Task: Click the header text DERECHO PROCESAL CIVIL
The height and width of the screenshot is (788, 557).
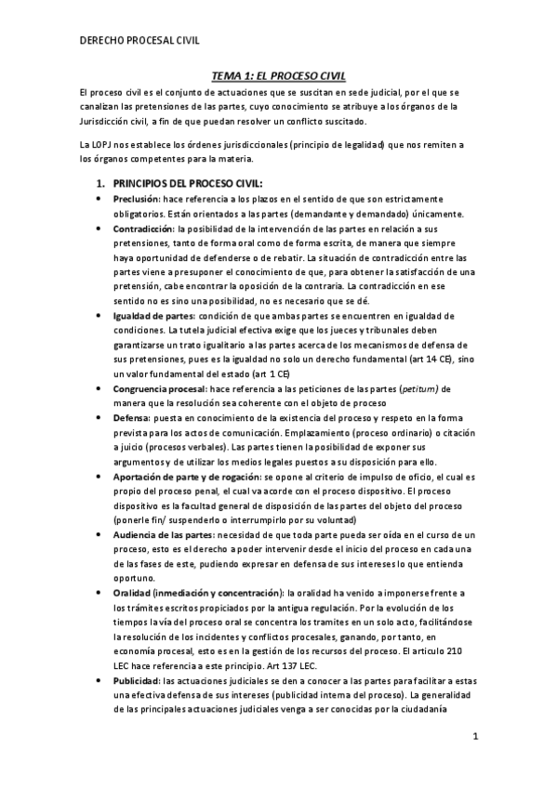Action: (141, 40)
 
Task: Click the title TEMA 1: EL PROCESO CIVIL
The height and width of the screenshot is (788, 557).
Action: (277, 80)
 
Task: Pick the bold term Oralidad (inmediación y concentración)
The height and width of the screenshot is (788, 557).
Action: (198, 593)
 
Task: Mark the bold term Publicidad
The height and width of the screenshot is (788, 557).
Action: (136, 680)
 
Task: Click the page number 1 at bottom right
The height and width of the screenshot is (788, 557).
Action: (474, 738)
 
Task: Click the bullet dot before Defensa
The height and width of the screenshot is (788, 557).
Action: (100, 419)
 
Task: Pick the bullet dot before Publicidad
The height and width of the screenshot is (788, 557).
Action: (100, 681)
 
